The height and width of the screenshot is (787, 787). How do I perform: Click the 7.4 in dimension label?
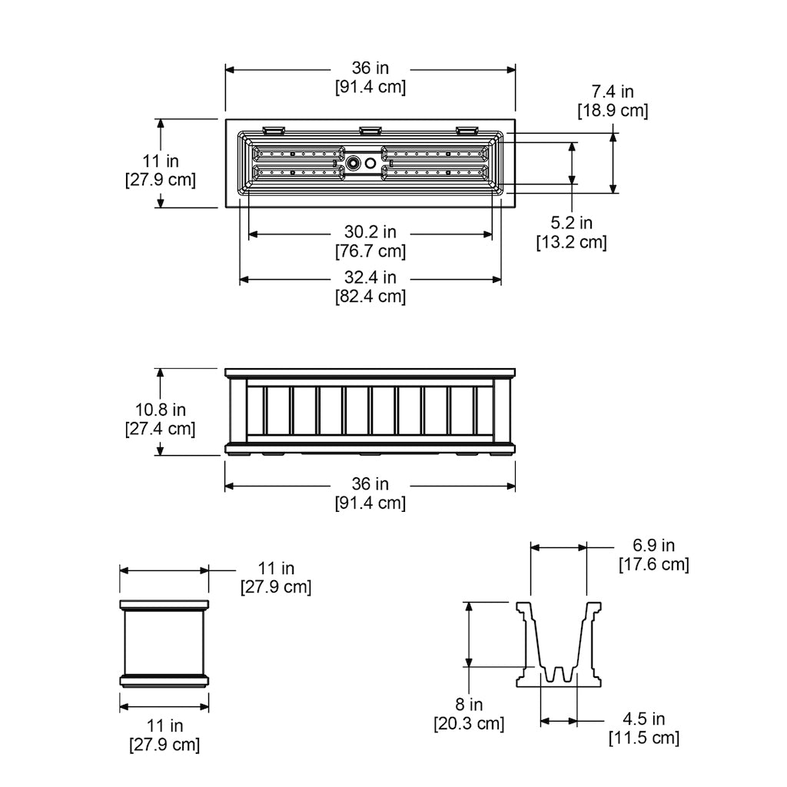tap(613, 92)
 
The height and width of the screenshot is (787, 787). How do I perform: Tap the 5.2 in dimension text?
tap(571, 223)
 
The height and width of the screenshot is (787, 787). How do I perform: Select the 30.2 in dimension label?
tap(370, 232)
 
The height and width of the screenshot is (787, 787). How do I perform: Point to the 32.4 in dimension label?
tap(370, 277)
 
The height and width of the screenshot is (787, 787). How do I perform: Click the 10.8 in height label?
tap(160, 410)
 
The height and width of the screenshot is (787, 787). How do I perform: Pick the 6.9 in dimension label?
tap(653, 545)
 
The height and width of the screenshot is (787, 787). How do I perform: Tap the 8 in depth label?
tap(469, 705)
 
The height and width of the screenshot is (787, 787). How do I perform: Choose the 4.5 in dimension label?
tap(643, 719)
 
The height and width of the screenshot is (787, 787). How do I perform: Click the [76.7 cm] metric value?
tap(370, 251)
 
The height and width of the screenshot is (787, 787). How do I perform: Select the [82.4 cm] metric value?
tap(370, 296)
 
